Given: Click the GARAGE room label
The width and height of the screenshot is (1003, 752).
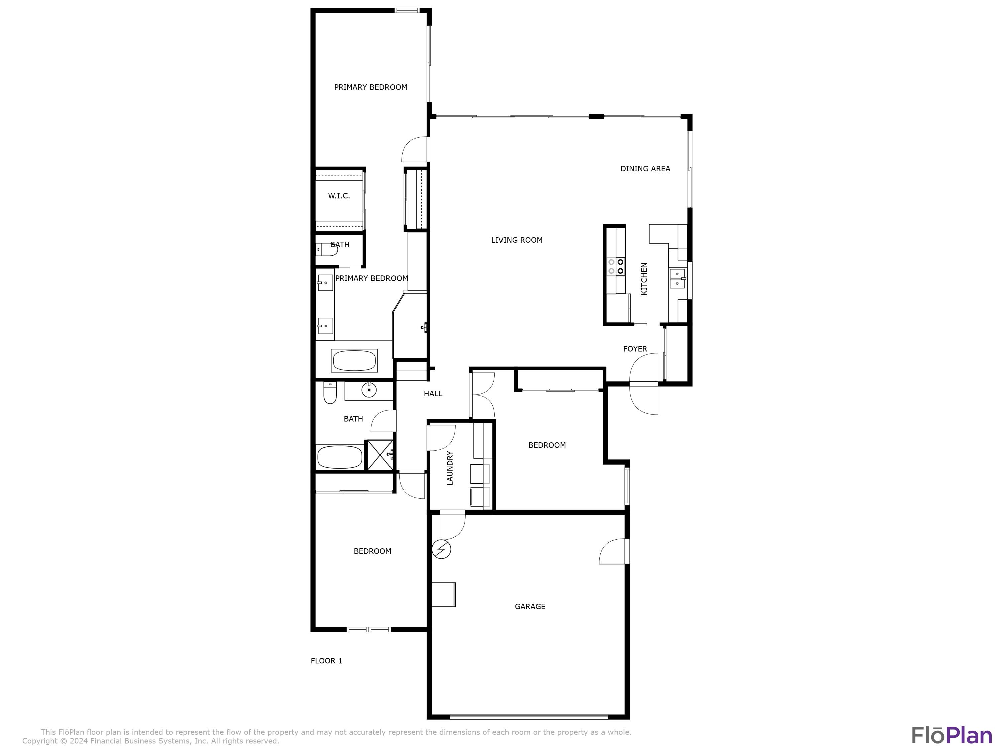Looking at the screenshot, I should pos(530,606).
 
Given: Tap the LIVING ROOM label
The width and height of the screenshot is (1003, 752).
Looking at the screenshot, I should pos(517,240).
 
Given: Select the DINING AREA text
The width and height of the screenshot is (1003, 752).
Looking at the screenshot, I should pos(645,169).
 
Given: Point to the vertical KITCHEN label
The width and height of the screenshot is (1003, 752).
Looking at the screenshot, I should pos(644,279).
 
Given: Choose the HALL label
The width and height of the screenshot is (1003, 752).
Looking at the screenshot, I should pos(433,393).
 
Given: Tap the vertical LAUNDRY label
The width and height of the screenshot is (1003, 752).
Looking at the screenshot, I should pos(450,468).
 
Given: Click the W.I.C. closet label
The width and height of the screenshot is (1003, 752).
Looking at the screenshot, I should pos(339,196).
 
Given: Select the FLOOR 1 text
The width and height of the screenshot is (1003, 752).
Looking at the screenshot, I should pos(326,660).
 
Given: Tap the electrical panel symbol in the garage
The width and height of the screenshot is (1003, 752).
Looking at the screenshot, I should pos(441,550).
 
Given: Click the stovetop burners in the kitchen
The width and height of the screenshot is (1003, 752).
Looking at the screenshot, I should pos(616,266).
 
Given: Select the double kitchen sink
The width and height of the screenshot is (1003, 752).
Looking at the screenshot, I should pos(677,278).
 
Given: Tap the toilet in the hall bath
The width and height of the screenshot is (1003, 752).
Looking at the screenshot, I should pos(330,393).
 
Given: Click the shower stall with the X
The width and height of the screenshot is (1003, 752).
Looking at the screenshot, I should pos(379,455).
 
